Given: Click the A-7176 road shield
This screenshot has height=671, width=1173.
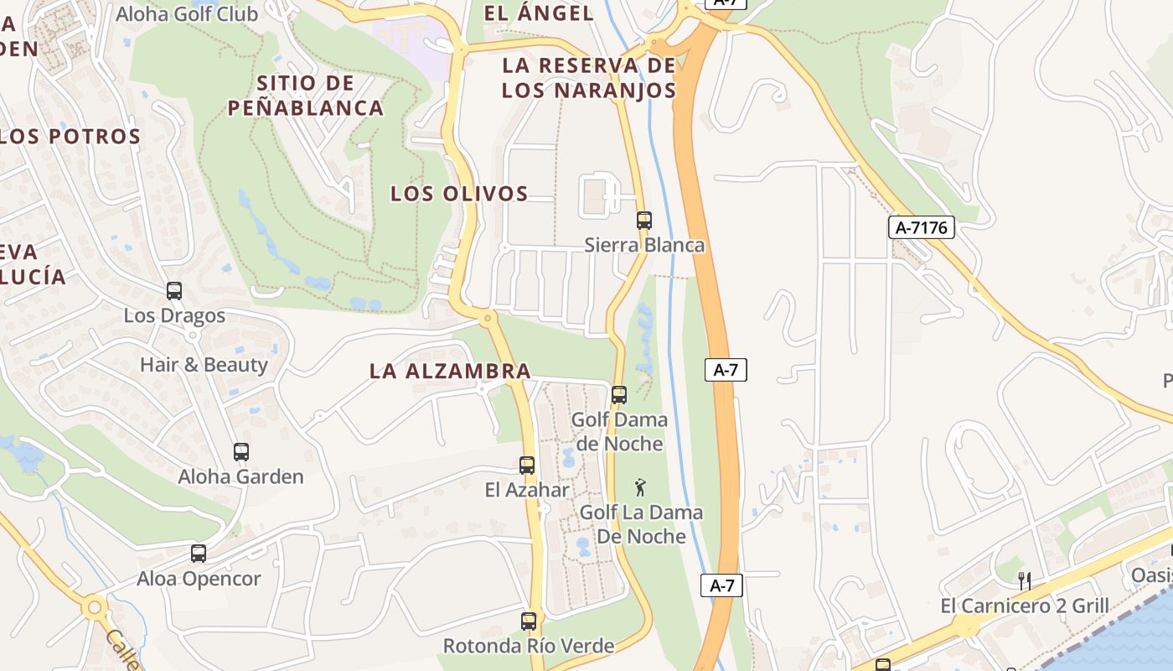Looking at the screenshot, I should point(922,227).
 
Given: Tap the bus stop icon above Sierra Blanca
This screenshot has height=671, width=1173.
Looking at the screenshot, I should point(643,221).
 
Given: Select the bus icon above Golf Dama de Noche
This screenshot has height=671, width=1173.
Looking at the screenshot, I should point(619,394).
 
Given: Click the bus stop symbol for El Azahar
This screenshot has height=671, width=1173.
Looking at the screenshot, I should point(527,465).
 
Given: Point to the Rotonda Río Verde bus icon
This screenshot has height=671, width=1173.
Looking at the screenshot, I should point(529,622).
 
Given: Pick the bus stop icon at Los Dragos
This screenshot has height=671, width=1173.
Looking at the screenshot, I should point(174,291).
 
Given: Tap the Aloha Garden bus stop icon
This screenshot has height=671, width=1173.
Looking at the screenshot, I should point(241,452).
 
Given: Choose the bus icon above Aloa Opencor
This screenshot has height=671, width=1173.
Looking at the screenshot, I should point(199,554).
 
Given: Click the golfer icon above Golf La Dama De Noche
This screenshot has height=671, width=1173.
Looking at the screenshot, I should point(641,486).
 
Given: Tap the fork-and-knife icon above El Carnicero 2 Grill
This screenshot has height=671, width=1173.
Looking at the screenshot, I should point(1023,580).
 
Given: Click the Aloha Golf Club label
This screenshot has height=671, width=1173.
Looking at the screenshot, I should point(187,14).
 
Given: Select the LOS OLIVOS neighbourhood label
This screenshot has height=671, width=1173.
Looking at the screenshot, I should point(459,194).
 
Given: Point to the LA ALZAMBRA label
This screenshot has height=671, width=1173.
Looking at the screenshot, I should point(450,371).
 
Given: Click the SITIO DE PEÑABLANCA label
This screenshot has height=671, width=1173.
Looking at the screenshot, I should point(306,96).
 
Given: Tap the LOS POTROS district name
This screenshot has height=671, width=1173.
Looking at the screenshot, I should point(70,137).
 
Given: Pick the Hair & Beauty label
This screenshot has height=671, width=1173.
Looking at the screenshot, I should point(204,365).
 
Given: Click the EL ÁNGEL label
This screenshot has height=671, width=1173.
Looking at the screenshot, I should point(540,13).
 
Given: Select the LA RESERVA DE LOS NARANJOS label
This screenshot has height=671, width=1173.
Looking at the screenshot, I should point(589,78).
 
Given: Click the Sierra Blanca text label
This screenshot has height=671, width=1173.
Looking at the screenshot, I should point(644,245).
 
